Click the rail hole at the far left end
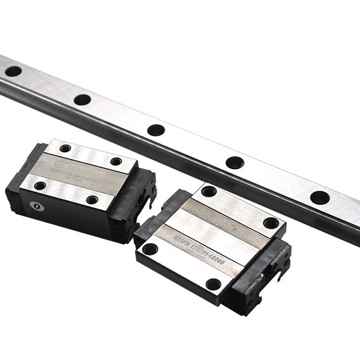[13, 71]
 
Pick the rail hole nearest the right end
[319, 197]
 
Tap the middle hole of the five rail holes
[156, 130]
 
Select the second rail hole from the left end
[82, 100]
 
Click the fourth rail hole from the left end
[235, 163]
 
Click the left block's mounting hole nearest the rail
[116, 161]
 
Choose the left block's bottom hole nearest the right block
[92, 200]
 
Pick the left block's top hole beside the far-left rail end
[65, 148]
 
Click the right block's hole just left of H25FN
[150, 248]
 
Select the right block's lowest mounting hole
[213, 284]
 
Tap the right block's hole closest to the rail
[209, 191]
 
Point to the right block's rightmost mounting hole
[271, 223]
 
